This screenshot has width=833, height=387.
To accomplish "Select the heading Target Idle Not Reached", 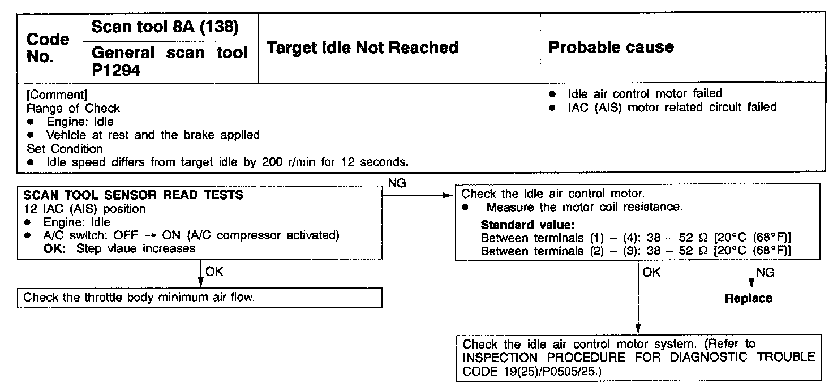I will [362, 48].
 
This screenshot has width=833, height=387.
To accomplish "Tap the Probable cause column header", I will [611, 47].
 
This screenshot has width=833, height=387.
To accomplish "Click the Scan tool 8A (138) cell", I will [165, 27].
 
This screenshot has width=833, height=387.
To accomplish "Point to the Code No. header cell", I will [48, 48].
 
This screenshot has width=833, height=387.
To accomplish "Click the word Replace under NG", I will [748, 298].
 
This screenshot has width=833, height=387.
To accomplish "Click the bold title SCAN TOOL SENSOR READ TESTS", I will [134, 195].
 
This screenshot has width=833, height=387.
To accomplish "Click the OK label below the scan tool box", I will [214, 272].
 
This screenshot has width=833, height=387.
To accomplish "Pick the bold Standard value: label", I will [527, 225].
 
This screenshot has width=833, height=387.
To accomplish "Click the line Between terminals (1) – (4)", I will [635, 237].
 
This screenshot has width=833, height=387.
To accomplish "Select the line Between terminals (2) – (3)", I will [635, 250].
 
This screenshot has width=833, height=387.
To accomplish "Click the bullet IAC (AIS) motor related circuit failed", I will [672, 107].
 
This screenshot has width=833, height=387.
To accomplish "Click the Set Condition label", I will [65, 149].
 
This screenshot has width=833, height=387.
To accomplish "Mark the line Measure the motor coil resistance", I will [584, 207].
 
